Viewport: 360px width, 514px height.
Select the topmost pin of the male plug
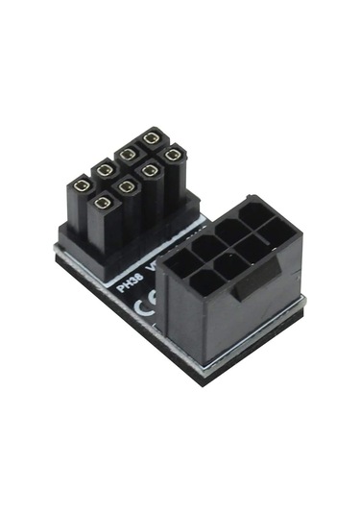pyautogui.click(x=151, y=137)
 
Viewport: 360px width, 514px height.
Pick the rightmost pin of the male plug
pyautogui.click(x=173, y=154)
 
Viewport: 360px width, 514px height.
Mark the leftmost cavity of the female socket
pyautogui.click(x=180, y=261)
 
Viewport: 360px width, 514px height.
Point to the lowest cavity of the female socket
pyautogui.click(x=204, y=282)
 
